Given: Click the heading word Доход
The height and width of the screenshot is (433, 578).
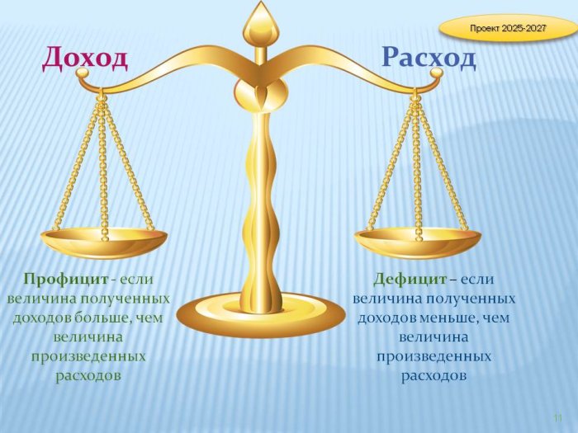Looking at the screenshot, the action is pos(85,59).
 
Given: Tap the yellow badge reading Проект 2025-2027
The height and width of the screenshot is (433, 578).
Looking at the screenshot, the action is pos(508,28).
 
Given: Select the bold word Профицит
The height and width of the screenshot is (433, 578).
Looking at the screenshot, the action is pos(66,279).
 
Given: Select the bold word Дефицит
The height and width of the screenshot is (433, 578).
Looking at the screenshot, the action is pos(410,279).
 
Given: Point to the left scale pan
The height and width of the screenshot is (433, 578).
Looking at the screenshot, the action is pos(103,242).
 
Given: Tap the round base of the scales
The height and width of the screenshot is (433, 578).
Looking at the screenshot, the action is pos(261,315).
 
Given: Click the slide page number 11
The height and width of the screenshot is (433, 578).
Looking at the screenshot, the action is pos(558,418).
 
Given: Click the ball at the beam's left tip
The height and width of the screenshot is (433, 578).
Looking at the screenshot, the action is pos(83,73).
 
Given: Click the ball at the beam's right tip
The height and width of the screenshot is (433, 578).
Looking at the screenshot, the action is pos(436,73).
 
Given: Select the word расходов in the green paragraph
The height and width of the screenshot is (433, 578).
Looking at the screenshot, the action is pos(88,375).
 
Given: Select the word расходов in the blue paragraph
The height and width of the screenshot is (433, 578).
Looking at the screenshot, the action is pos(433,375).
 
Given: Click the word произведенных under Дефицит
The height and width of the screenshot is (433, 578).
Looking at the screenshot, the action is pos(433,357).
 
